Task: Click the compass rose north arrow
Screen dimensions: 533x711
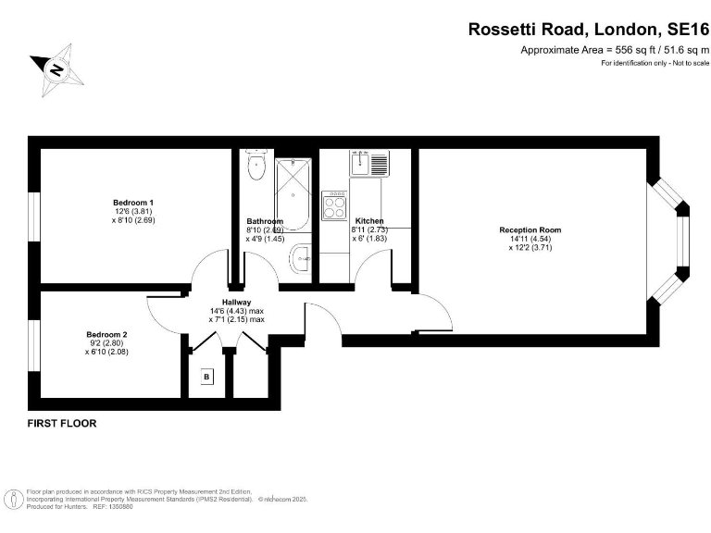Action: pyautogui.click(x=55, y=68)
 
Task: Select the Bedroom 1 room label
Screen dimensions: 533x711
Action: pyautogui.click(x=132, y=202)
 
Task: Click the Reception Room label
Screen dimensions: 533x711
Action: pyautogui.click(x=530, y=229)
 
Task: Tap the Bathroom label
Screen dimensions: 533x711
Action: pyautogui.click(x=264, y=221)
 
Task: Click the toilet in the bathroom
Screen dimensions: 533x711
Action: pyautogui.click(x=256, y=167)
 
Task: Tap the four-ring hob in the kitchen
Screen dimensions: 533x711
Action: pyautogui.click(x=334, y=205)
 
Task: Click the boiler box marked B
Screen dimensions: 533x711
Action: pyautogui.click(x=206, y=377)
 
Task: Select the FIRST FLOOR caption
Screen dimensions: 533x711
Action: pyautogui.click(x=62, y=423)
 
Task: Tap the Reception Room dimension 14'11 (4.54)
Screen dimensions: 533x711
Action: pyautogui.click(x=530, y=239)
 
